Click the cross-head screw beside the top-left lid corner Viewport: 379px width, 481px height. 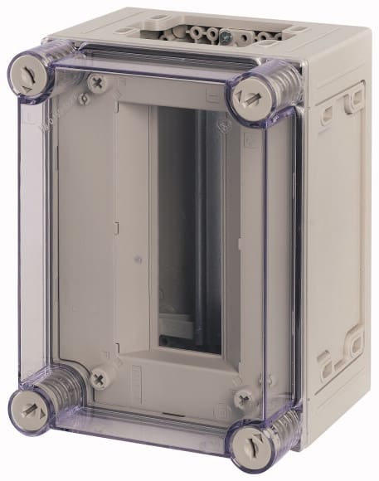(97, 83)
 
